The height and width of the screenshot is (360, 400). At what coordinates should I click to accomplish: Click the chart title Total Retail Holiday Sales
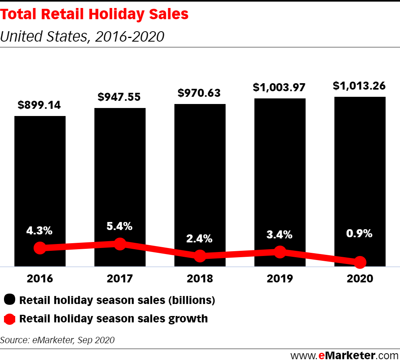(x=94, y=15)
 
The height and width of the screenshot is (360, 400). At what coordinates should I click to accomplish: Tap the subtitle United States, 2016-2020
(x=82, y=37)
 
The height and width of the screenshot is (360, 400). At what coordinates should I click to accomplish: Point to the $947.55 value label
(x=120, y=97)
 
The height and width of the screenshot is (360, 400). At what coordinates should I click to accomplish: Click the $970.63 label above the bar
(x=200, y=93)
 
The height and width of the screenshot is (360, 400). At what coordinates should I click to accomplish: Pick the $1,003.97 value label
(x=280, y=87)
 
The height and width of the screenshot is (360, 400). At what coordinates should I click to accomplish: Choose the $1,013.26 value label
(x=360, y=86)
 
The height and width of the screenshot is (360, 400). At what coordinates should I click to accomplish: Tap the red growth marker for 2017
(x=120, y=244)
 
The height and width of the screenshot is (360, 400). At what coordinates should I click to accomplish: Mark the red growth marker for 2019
(x=280, y=252)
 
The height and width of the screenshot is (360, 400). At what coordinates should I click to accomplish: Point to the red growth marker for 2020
(x=360, y=262)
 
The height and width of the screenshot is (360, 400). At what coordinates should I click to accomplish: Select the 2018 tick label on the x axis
(x=200, y=278)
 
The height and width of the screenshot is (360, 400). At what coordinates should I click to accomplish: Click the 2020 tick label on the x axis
(x=360, y=278)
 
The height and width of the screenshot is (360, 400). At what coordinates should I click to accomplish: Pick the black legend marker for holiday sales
(x=10, y=300)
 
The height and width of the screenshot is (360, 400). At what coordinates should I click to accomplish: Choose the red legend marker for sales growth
(x=10, y=319)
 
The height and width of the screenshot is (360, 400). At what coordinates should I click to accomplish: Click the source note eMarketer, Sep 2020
(x=58, y=340)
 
